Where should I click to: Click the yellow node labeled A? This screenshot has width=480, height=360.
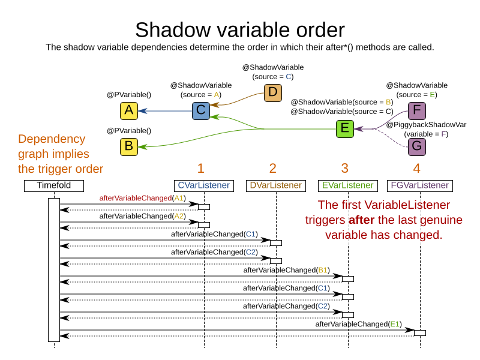(128, 110)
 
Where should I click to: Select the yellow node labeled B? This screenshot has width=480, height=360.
(128, 146)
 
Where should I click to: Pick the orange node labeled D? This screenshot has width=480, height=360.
(272, 92)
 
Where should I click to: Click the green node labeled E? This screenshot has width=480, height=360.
(344, 128)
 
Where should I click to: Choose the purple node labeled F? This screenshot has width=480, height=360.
(416, 110)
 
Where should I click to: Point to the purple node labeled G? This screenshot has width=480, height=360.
(416, 146)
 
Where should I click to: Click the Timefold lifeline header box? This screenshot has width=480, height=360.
(53, 185)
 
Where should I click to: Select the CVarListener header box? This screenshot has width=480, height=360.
(203, 185)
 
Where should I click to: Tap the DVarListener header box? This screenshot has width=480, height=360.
(275, 185)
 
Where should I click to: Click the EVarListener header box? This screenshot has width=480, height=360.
(347, 185)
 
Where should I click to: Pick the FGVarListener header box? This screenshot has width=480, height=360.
(419, 185)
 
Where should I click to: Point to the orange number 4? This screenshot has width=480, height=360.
(416, 168)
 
